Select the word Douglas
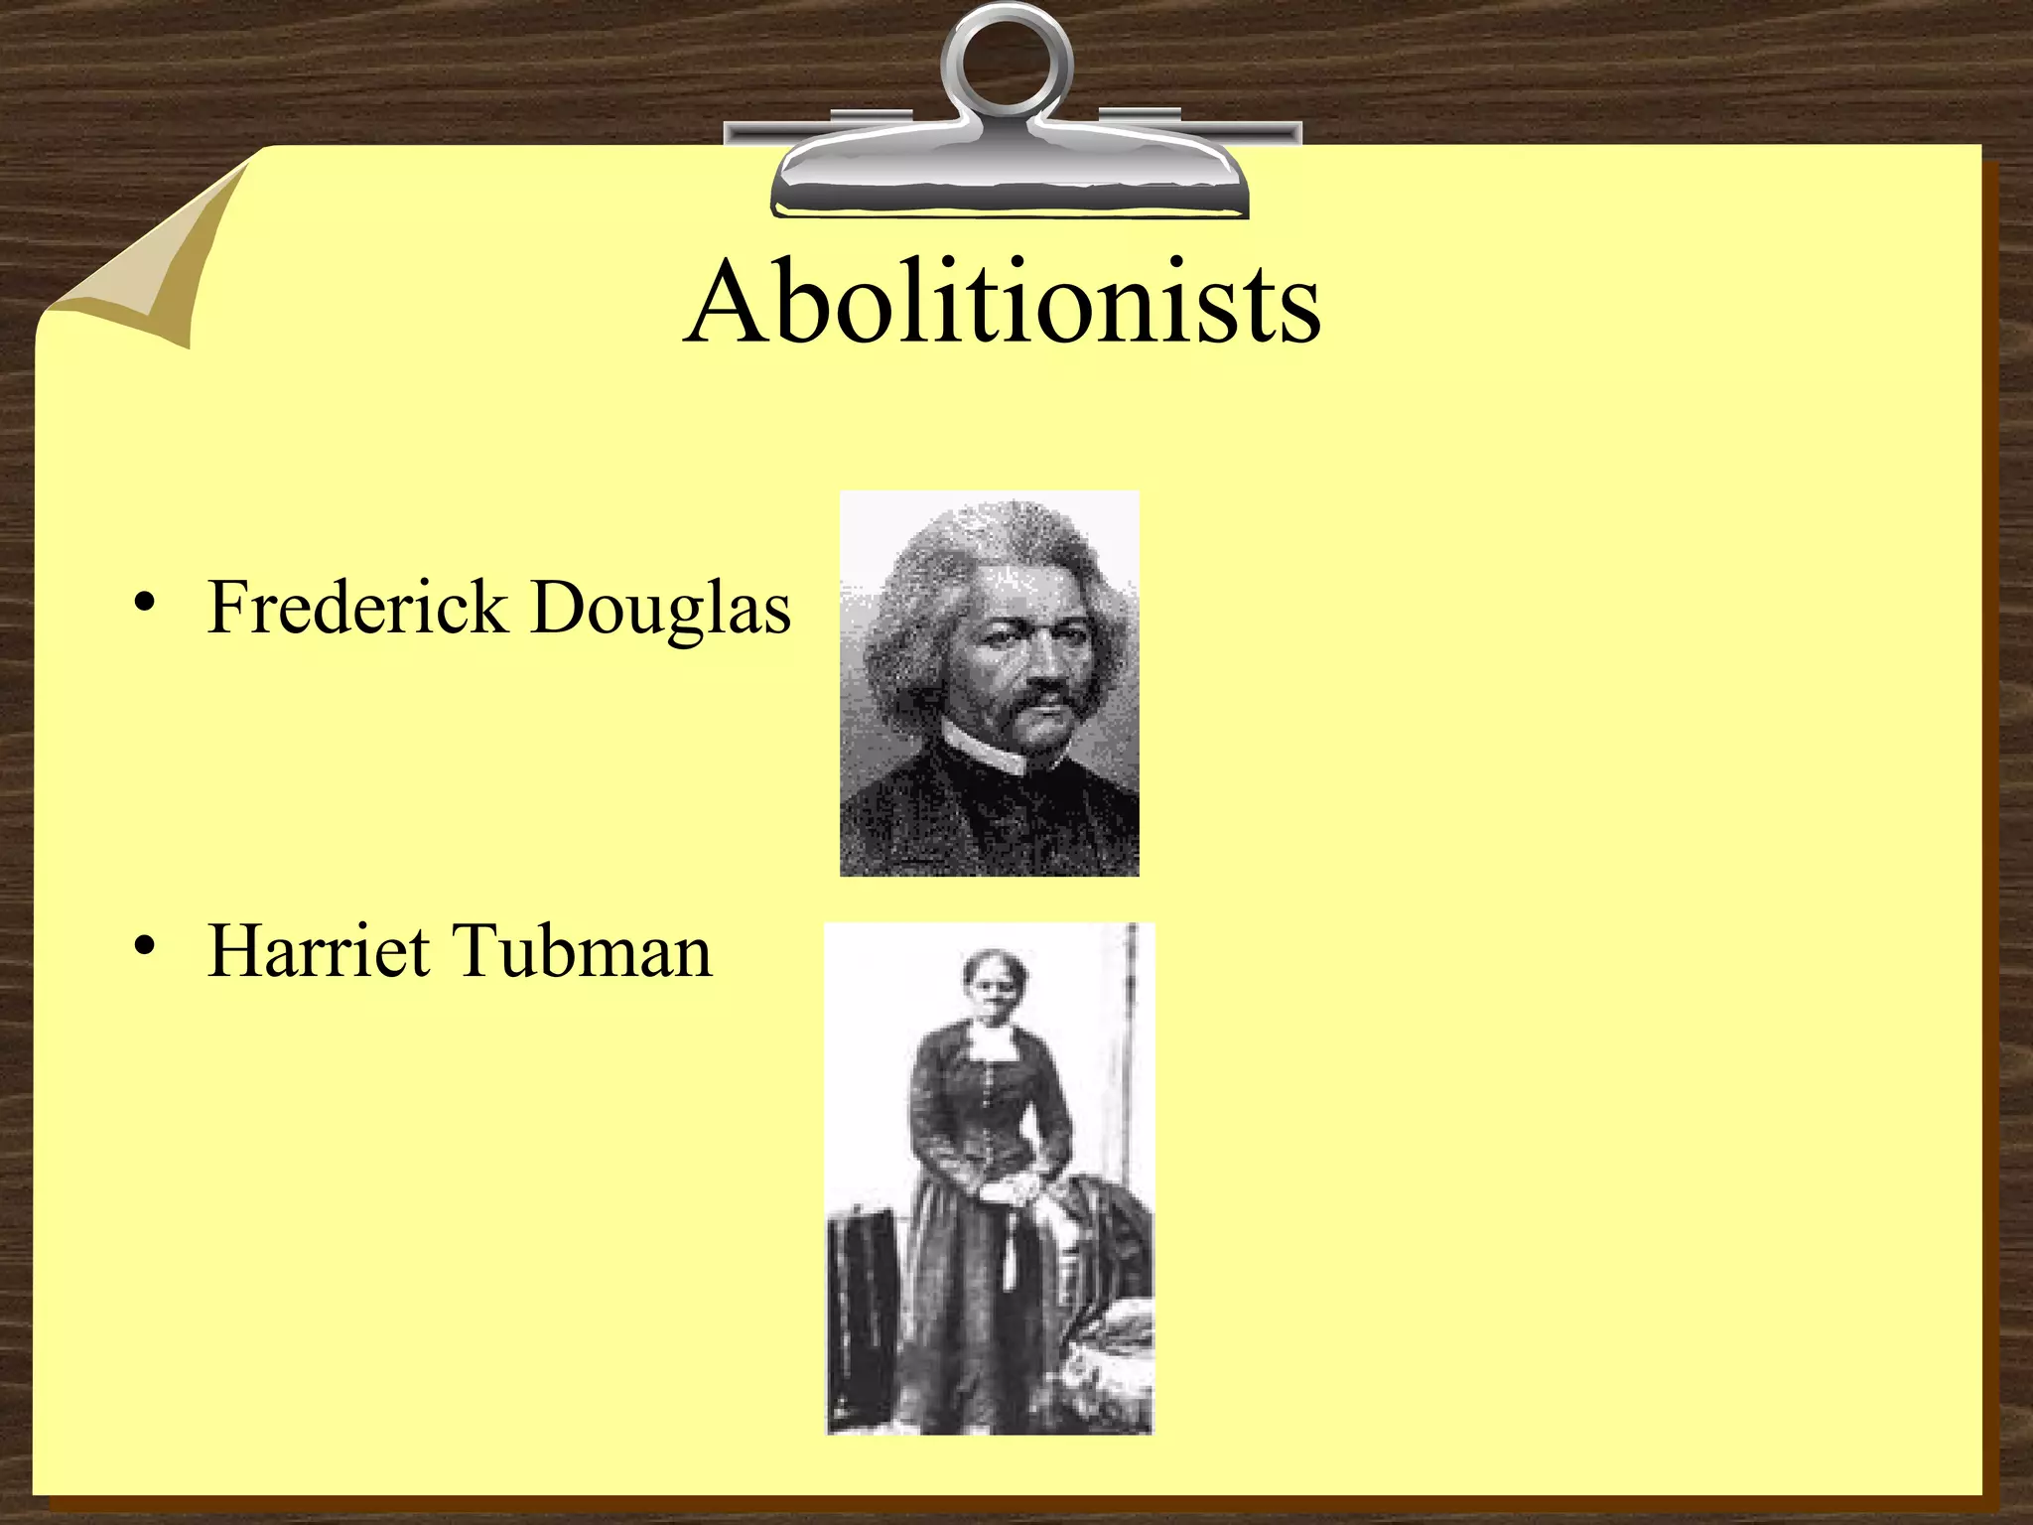click(660, 609)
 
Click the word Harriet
click(319, 951)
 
